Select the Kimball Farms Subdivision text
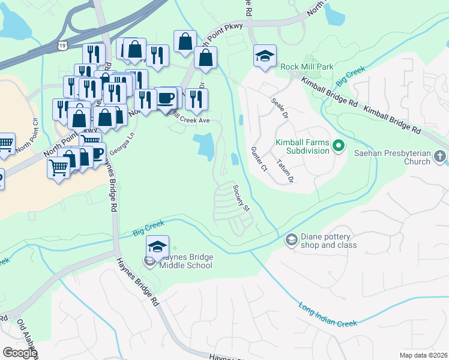coord(303,146)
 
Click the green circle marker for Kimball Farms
coord(338,146)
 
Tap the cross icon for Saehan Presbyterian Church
coord(441,157)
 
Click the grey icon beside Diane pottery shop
coord(292,240)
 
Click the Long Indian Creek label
coord(328,314)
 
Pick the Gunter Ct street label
coord(259,159)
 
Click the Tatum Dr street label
coord(285,171)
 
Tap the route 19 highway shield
coord(62,45)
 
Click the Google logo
coord(19,353)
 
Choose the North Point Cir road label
coord(27,142)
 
